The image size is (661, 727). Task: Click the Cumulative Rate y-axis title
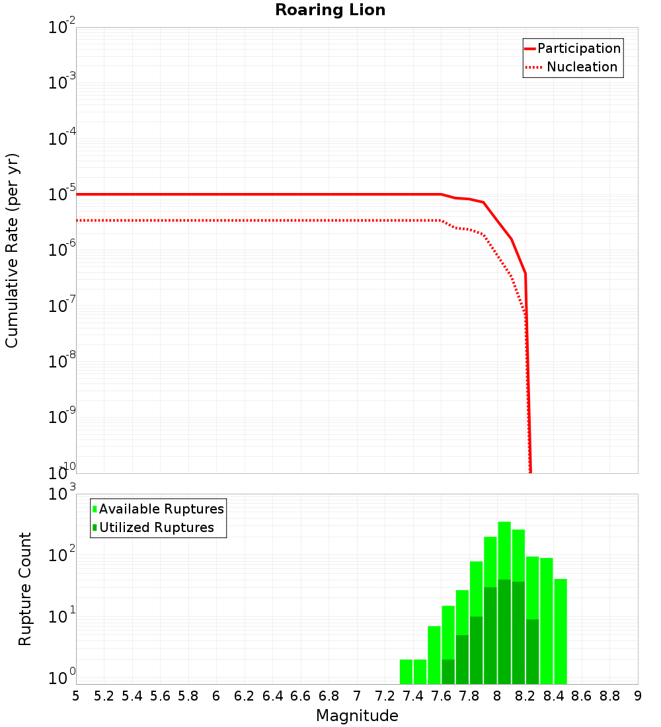[x=12, y=250]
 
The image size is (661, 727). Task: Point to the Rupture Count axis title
[x=25, y=589]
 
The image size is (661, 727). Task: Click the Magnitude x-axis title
[x=357, y=716]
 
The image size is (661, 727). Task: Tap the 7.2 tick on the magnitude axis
[x=385, y=696]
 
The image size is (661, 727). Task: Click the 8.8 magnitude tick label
[x=609, y=696]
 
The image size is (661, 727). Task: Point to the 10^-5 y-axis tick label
[x=62, y=194]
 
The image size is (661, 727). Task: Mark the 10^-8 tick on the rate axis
[x=62, y=362]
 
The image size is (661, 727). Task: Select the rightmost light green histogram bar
[x=561, y=631]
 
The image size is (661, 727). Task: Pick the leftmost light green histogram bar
[x=406, y=671]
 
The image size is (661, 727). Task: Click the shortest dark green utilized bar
[x=448, y=671]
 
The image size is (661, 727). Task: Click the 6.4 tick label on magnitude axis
[x=272, y=696]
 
